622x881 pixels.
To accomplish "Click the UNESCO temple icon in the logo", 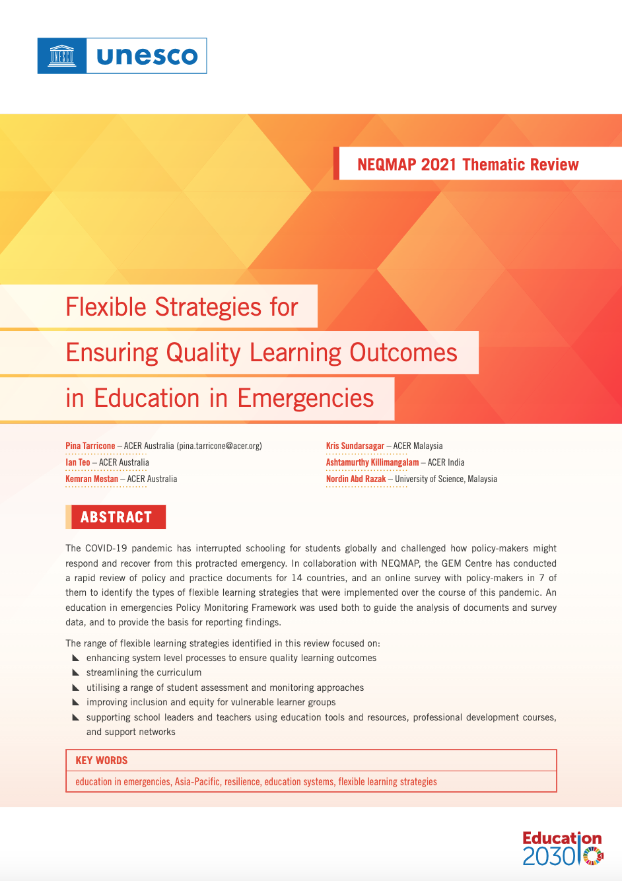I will pos(62,55).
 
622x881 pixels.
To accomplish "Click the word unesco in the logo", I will pos(147,56).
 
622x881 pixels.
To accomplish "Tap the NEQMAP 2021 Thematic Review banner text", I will pos(467,164).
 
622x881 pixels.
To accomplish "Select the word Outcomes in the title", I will pos(403,353).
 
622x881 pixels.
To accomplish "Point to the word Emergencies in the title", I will pos(305,398).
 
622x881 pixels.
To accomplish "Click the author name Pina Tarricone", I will pos(90,446).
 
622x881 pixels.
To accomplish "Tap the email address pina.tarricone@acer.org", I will pos(219,446).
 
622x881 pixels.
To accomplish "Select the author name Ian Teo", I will pos(78,463).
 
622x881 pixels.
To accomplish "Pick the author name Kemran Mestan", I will pos(92,479).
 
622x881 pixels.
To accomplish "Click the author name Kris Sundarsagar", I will pos(355,446).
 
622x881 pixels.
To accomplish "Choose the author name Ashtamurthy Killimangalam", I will pos(372,463).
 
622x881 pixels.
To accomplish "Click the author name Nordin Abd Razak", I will pos(356,479).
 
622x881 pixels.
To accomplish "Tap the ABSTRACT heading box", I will pos(116,517).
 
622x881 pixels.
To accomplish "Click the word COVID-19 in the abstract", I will pos(106,548).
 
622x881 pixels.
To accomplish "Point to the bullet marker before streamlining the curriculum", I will pos(76,672).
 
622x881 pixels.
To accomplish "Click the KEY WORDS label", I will pos(102,761).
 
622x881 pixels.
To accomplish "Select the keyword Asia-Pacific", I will pos(197,782).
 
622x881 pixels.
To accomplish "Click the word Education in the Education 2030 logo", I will pos(561,839).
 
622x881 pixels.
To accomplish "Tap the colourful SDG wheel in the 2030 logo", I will pos(594,856).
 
